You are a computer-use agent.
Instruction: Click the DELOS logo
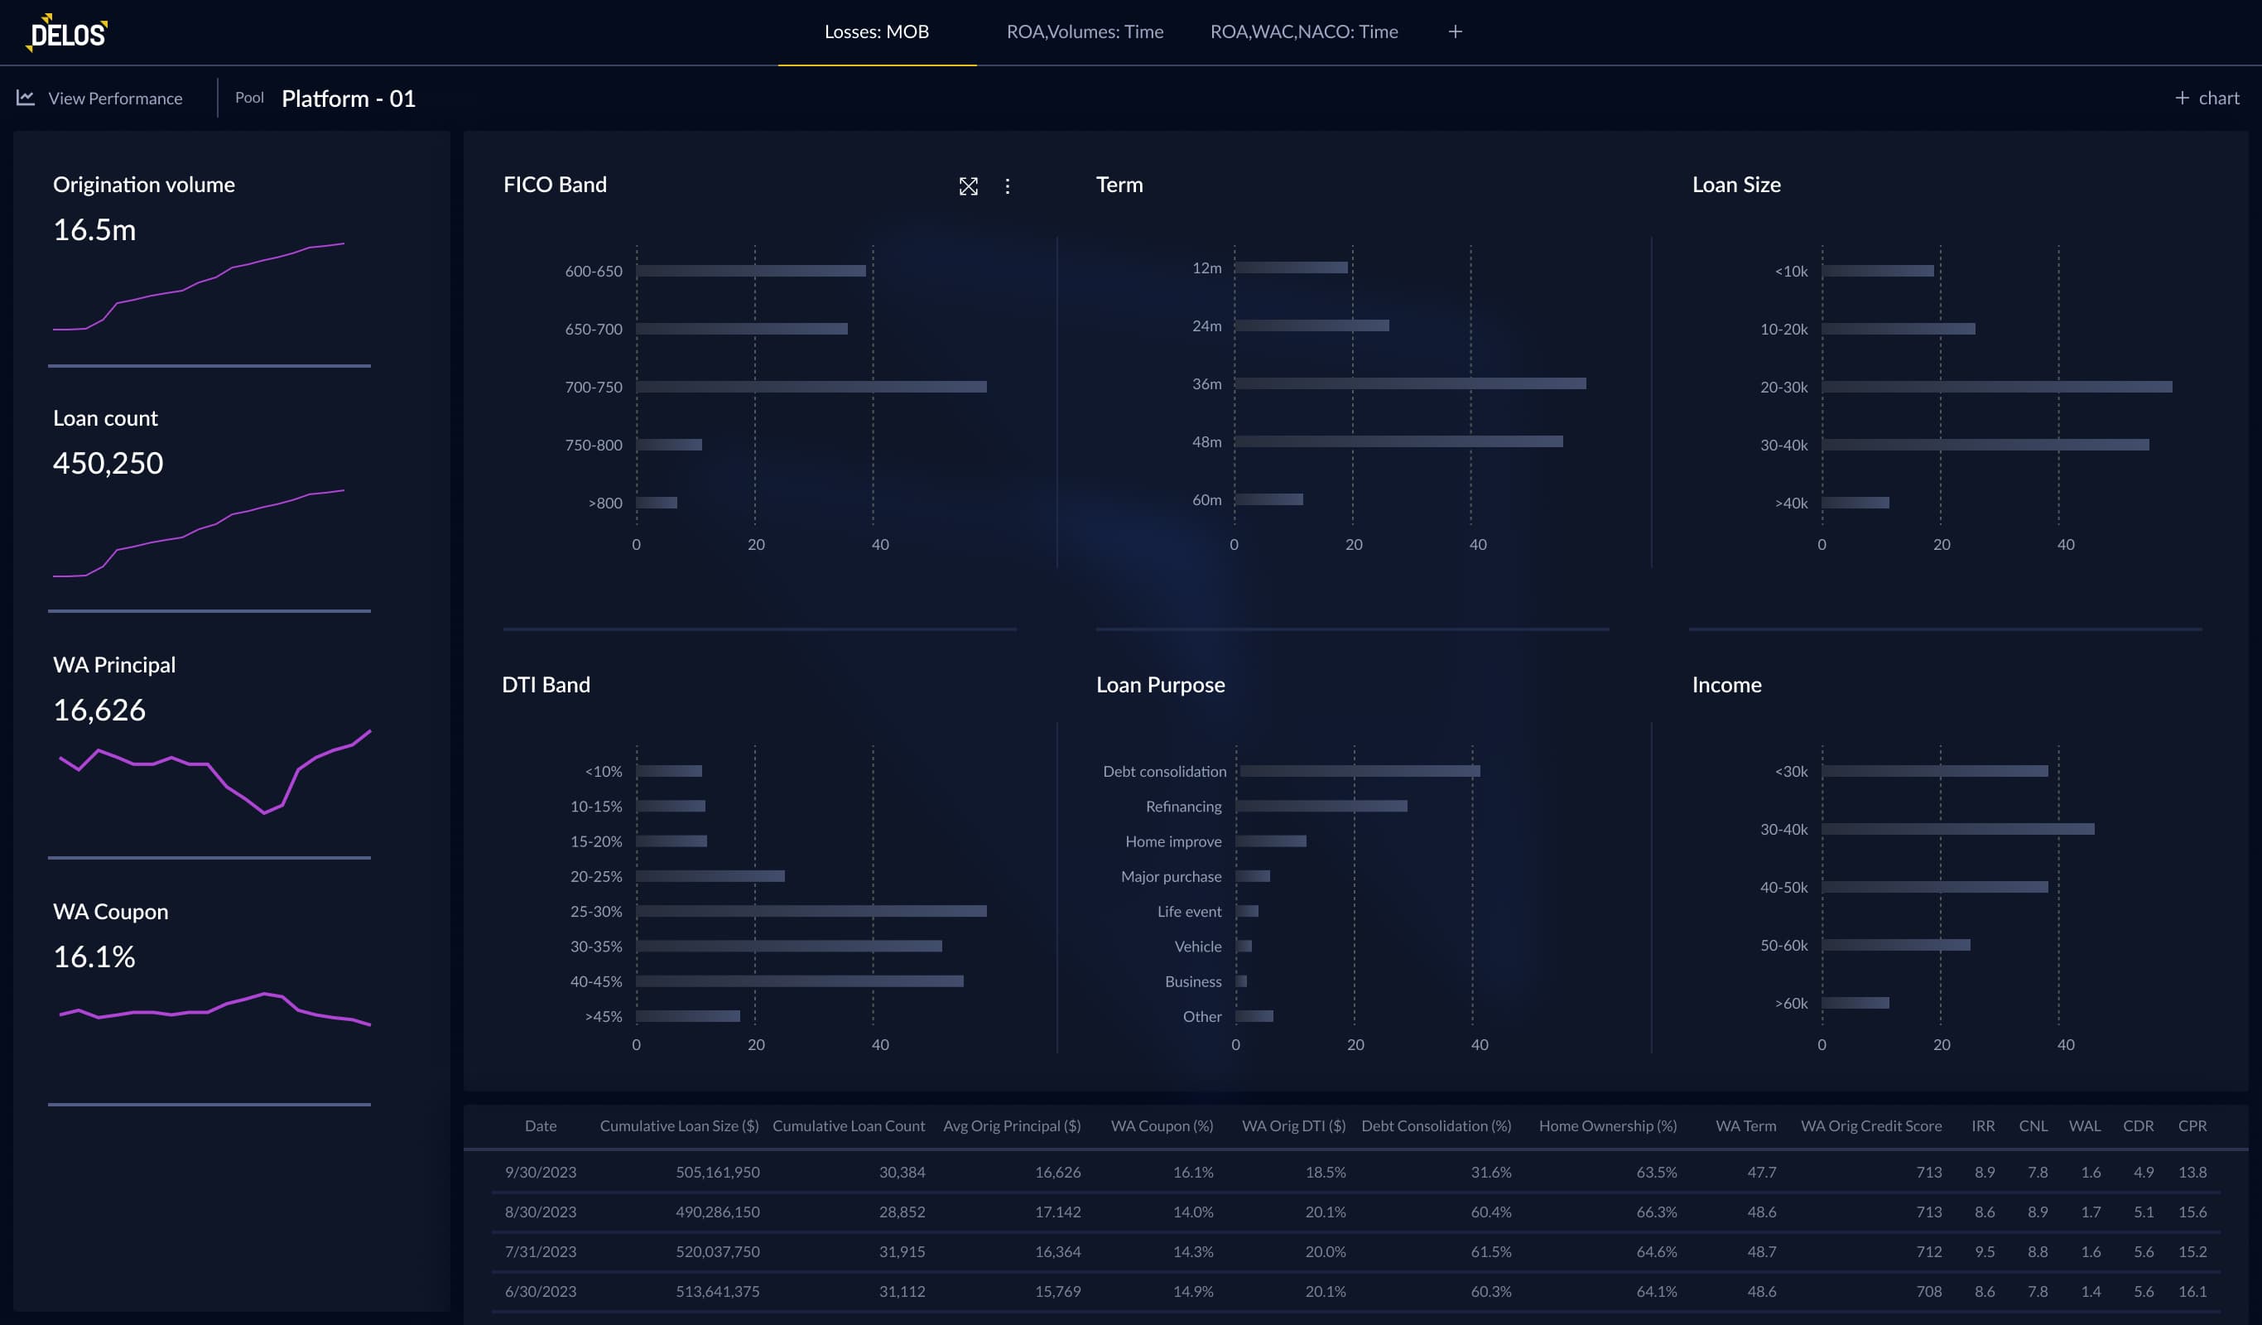(x=68, y=33)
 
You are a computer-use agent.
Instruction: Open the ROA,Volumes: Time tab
(x=1085, y=32)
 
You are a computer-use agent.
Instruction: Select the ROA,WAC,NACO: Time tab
(x=1303, y=32)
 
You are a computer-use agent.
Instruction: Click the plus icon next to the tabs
(x=1455, y=32)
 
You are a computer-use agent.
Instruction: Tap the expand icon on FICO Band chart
(x=968, y=185)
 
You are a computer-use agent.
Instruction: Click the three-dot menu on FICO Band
(x=1007, y=185)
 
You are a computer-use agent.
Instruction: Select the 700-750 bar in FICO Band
(x=811, y=387)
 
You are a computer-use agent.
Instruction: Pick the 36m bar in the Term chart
(x=1409, y=383)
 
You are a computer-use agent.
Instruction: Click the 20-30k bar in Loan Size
(x=1996, y=387)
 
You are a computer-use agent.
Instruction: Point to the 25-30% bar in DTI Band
(x=811, y=911)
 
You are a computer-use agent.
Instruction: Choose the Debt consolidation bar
(x=1359, y=771)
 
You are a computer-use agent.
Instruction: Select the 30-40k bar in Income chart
(x=1956, y=830)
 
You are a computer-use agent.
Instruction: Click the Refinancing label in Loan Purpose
(x=1183, y=806)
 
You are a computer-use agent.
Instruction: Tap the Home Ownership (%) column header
(x=1607, y=1125)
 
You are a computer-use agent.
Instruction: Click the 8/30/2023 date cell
(x=541, y=1212)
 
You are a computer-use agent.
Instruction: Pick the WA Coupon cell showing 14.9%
(x=1192, y=1291)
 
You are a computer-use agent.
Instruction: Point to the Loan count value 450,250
(x=108, y=463)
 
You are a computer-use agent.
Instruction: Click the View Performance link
(x=115, y=99)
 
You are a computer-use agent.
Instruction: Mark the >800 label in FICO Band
(x=605, y=503)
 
